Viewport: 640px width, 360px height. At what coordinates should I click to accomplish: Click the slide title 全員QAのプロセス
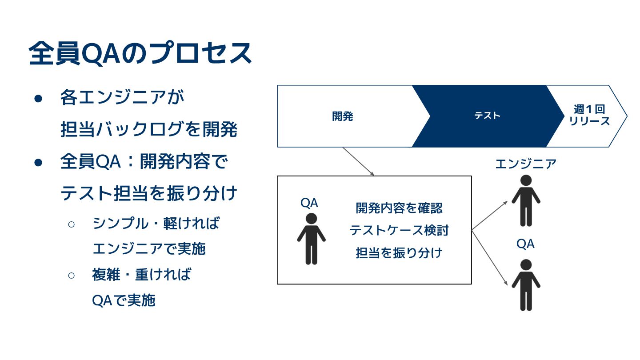tap(140, 54)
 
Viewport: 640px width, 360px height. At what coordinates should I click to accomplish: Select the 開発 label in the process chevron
tap(342, 116)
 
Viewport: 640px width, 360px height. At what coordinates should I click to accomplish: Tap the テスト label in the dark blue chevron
tap(488, 116)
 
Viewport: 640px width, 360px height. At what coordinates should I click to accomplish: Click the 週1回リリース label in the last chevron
tap(589, 116)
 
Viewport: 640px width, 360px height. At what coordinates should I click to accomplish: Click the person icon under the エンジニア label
tap(526, 200)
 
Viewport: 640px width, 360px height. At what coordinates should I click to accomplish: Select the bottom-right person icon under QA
tap(526, 285)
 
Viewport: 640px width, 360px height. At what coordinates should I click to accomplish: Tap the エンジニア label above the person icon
tap(526, 164)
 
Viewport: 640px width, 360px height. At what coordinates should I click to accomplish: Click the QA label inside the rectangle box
tap(309, 203)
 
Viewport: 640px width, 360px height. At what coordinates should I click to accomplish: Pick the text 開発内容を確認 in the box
tap(399, 208)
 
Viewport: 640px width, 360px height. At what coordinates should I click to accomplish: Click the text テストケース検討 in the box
tap(399, 230)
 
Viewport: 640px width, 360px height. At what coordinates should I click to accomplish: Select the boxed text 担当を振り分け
tap(399, 253)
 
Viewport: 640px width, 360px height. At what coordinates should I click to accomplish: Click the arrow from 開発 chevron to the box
tap(358, 161)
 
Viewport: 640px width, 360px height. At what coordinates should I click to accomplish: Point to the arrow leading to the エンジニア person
tap(489, 216)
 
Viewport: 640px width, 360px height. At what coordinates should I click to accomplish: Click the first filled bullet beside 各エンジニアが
tap(38, 99)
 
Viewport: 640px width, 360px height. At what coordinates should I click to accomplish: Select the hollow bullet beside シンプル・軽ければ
tap(72, 224)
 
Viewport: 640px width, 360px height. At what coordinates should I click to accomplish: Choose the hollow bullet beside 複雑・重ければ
tap(72, 275)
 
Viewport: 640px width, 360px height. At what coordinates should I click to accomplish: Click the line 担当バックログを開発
tap(149, 130)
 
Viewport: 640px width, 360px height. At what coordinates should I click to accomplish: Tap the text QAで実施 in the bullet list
tap(124, 301)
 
